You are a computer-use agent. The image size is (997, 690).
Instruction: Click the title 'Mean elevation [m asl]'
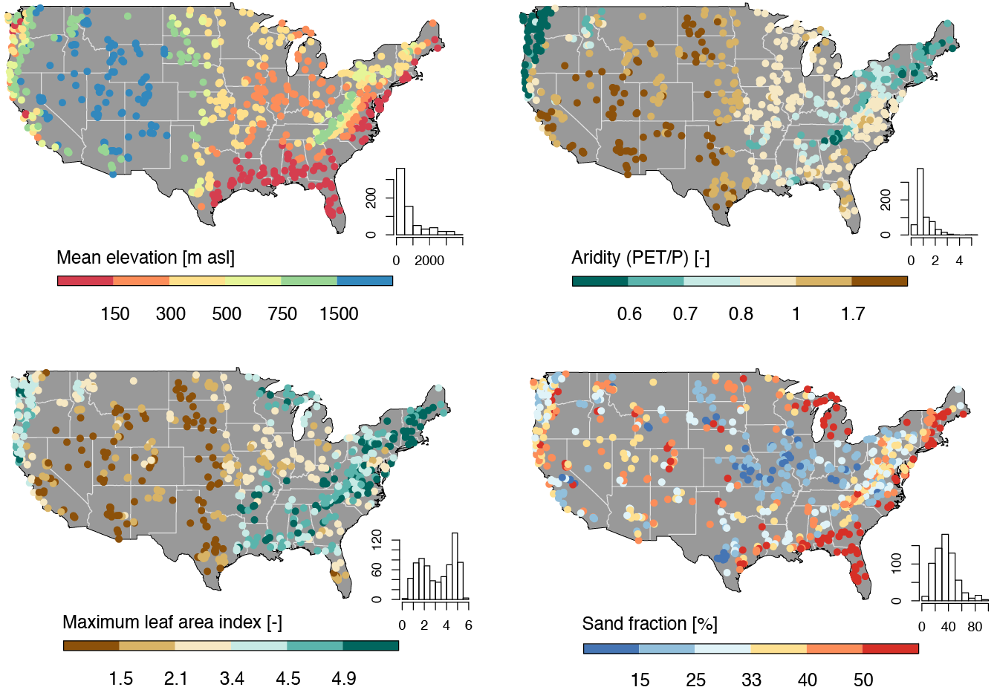coord(146,258)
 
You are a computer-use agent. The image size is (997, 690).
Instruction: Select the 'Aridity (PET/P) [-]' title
coord(640,258)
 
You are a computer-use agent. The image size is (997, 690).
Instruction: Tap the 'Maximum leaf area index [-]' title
coord(172,622)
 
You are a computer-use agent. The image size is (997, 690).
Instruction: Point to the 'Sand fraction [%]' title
coord(649,623)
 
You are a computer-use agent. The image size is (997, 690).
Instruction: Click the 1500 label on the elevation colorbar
coord(339,314)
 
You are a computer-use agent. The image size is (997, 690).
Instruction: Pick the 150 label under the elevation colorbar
coord(115,314)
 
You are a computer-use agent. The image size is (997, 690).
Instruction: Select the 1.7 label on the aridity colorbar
coord(853,314)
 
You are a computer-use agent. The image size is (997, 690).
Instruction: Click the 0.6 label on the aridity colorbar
coord(629,314)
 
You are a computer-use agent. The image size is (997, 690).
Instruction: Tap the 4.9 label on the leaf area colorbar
coord(344,679)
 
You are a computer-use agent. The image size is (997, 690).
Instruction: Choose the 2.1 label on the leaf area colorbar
coord(176,679)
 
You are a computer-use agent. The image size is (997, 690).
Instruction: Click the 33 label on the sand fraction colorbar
coord(751,680)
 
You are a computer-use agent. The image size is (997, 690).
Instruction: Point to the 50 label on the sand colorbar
coord(863,680)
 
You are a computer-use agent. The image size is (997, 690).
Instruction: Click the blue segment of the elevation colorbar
coord(365,281)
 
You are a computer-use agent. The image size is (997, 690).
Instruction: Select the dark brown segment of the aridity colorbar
coord(880,281)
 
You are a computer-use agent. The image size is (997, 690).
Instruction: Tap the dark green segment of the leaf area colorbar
coord(371,645)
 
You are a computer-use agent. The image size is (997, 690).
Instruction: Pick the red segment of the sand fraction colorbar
coord(891,648)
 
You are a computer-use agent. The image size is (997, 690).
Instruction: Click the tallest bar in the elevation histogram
coord(400,201)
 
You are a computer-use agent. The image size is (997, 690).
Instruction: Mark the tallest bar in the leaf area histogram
coord(455,565)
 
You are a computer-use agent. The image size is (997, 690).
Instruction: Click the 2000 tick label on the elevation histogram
coord(429,261)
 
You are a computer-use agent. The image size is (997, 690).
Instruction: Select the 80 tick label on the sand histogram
coord(975,627)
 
